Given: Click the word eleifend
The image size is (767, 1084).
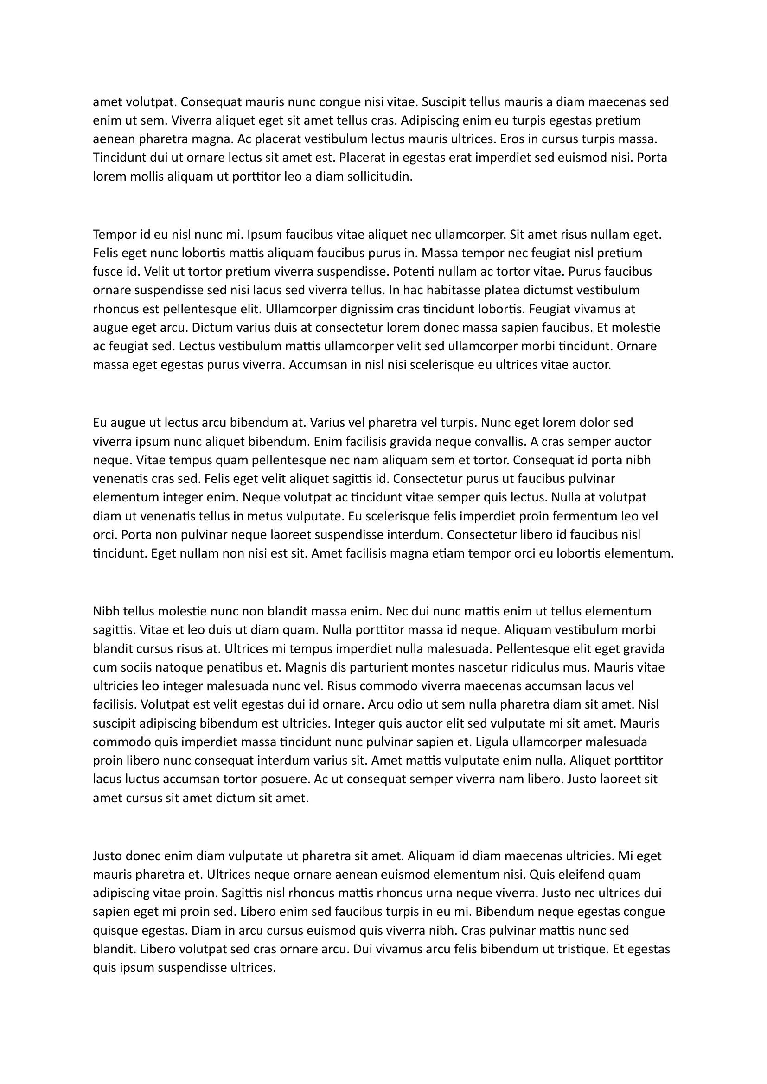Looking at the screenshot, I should coord(576,875).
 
